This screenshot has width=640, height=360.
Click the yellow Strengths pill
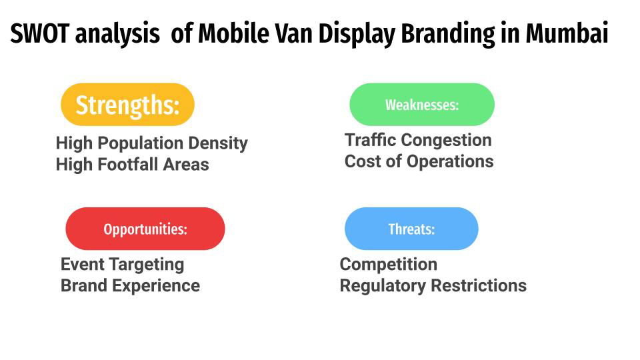(127, 105)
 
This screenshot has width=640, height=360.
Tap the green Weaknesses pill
(422, 105)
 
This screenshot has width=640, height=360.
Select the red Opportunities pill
(145, 229)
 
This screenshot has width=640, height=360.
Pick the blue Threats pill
(411, 229)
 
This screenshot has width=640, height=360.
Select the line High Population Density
(151, 143)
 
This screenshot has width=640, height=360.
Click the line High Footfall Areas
(132, 164)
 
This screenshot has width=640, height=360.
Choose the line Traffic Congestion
(418, 140)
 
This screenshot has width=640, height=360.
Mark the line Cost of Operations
(419, 161)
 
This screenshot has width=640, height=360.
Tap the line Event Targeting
(122, 264)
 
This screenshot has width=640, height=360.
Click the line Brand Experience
(130, 285)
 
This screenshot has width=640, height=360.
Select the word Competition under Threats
(388, 264)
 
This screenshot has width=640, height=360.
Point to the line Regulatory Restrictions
(433, 285)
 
